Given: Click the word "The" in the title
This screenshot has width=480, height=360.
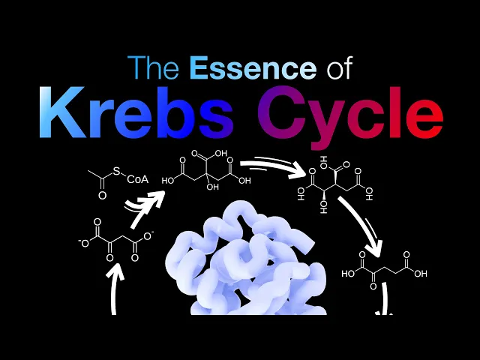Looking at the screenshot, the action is click(155, 68).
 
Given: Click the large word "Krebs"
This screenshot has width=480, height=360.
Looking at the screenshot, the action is click(140, 113).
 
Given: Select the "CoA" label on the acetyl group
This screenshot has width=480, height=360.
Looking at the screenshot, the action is click(136, 180).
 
